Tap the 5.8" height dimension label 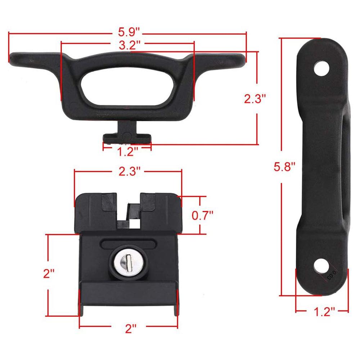click(284, 167)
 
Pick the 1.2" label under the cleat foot click(127, 152)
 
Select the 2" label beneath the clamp click(129, 328)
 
